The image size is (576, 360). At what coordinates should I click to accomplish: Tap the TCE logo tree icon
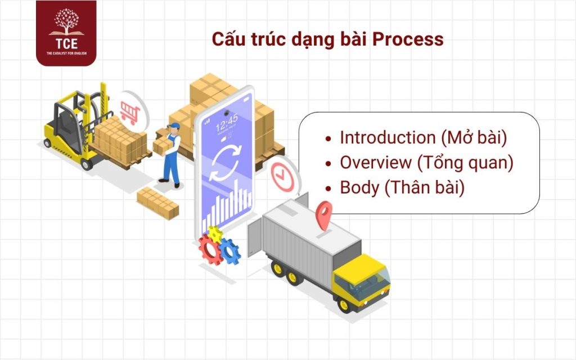[66, 21]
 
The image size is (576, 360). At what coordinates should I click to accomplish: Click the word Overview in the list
[375, 163]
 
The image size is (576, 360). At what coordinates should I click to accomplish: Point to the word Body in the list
[359, 187]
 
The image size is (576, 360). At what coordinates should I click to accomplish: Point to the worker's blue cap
[174, 126]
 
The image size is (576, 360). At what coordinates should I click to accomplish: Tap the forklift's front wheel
[86, 164]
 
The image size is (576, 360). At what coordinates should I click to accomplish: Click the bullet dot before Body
[330, 188]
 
